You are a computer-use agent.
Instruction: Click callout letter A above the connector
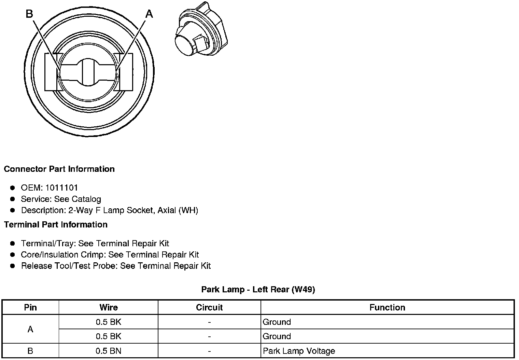[149, 14]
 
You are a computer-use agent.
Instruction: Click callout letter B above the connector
[29, 14]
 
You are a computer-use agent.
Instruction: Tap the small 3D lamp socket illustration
[201, 29]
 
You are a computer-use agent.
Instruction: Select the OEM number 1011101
[61, 188]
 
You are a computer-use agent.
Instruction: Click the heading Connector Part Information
[59, 169]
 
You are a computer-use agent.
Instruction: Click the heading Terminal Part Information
[56, 224]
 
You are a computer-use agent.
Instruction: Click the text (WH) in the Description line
[188, 210]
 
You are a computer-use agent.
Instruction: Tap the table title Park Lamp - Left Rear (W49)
[258, 289]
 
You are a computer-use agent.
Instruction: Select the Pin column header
[30, 307]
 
